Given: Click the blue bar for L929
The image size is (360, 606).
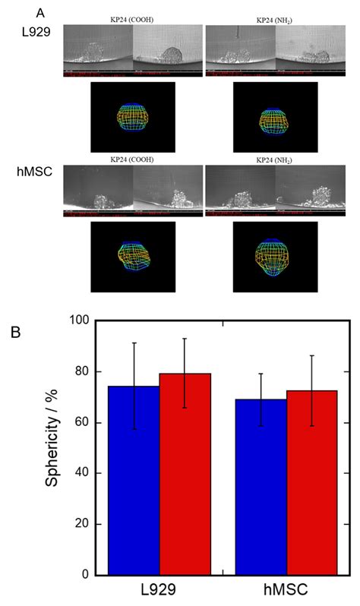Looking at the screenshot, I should [134, 480].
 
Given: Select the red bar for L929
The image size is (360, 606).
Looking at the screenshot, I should [185, 474].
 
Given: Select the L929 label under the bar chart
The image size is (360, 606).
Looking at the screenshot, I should [159, 592].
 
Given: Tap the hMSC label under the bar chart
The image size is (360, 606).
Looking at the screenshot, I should [287, 592].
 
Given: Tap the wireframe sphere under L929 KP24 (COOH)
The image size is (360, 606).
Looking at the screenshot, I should [132, 118].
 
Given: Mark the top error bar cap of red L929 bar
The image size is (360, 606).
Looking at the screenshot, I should [185, 339].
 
